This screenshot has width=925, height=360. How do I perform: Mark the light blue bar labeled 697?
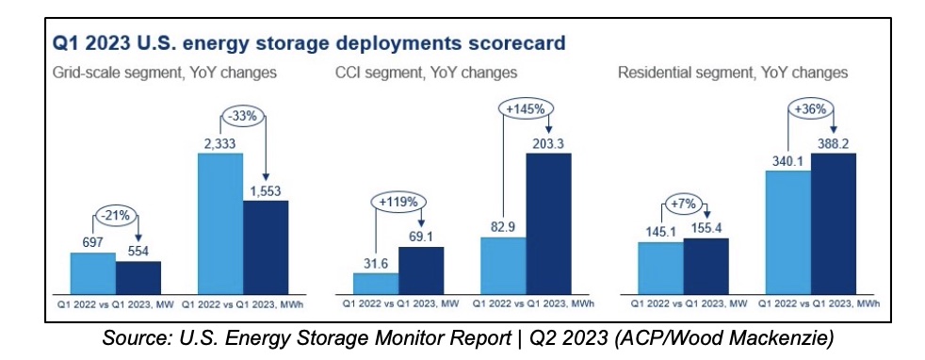point(93,271)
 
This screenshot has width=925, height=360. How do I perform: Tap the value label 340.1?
point(787,159)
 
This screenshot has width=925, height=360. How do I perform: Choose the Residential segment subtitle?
point(733,72)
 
